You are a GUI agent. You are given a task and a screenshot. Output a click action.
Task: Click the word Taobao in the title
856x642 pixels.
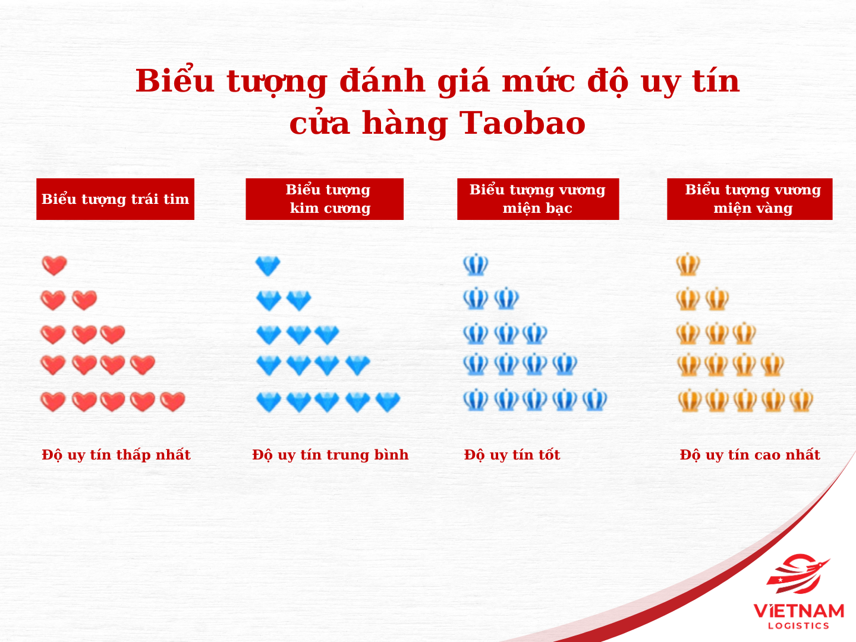523,124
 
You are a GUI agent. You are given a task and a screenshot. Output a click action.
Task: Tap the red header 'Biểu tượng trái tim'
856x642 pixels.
115,199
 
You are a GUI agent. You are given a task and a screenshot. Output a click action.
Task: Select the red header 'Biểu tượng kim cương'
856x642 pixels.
325,199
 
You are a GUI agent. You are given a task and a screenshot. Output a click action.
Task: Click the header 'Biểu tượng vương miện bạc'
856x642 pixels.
538,199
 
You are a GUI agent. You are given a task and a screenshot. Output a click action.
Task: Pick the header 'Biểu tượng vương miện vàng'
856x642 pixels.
750,199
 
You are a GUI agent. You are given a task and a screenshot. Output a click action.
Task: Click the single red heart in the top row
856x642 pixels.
54,266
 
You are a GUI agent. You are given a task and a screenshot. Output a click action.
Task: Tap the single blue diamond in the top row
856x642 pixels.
268,266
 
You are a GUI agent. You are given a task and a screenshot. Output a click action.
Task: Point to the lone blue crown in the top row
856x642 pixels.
476,265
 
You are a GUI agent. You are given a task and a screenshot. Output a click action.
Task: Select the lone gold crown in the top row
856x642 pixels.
688,265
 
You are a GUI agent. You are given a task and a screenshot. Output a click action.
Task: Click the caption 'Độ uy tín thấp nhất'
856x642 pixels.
116,455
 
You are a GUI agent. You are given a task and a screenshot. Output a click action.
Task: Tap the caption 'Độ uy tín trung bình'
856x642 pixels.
331,455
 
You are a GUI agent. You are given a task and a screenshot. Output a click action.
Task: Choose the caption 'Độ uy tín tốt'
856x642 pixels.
512,455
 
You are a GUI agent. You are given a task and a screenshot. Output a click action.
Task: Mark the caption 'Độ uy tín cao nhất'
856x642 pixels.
750,455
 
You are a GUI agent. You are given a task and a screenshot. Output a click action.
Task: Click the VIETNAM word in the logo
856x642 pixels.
799,611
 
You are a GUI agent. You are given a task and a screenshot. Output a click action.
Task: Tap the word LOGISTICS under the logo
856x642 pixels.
799,626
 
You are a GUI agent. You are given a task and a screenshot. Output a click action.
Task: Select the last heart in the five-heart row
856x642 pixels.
173,402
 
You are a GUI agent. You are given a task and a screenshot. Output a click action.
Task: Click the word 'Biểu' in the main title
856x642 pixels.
175,81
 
